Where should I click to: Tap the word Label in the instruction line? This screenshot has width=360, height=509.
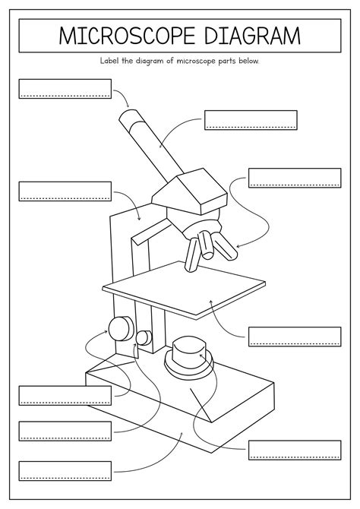pyautogui.click(x=111, y=61)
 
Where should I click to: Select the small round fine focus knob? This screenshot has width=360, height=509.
pyautogui.click(x=144, y=337)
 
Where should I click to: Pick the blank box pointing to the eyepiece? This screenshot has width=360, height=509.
pyautogui.click(x=65, y=88)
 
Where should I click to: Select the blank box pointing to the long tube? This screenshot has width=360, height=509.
pyautogui.click(x=251, y=120)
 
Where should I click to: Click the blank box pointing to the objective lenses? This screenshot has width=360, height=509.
pyautogui.click(x=295, y=178)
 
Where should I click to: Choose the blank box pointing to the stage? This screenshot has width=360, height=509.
pyautogui.click(x=295, y=337)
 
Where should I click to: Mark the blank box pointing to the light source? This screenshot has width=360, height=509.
pyautogui.click(x=295, y=450)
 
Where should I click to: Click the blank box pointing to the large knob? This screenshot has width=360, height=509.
pyautogui.click(x=65, y=395)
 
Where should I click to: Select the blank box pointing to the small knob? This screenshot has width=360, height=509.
pyautogui.click(x=65, y=431)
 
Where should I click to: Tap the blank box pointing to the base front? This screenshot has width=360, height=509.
pyautogui.click(x=65, y=470)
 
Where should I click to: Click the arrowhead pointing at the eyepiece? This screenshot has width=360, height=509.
pyautogui.click(x=128, y=106)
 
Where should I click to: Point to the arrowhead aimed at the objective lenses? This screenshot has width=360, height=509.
pyautogui.click(x=238, y=246)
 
